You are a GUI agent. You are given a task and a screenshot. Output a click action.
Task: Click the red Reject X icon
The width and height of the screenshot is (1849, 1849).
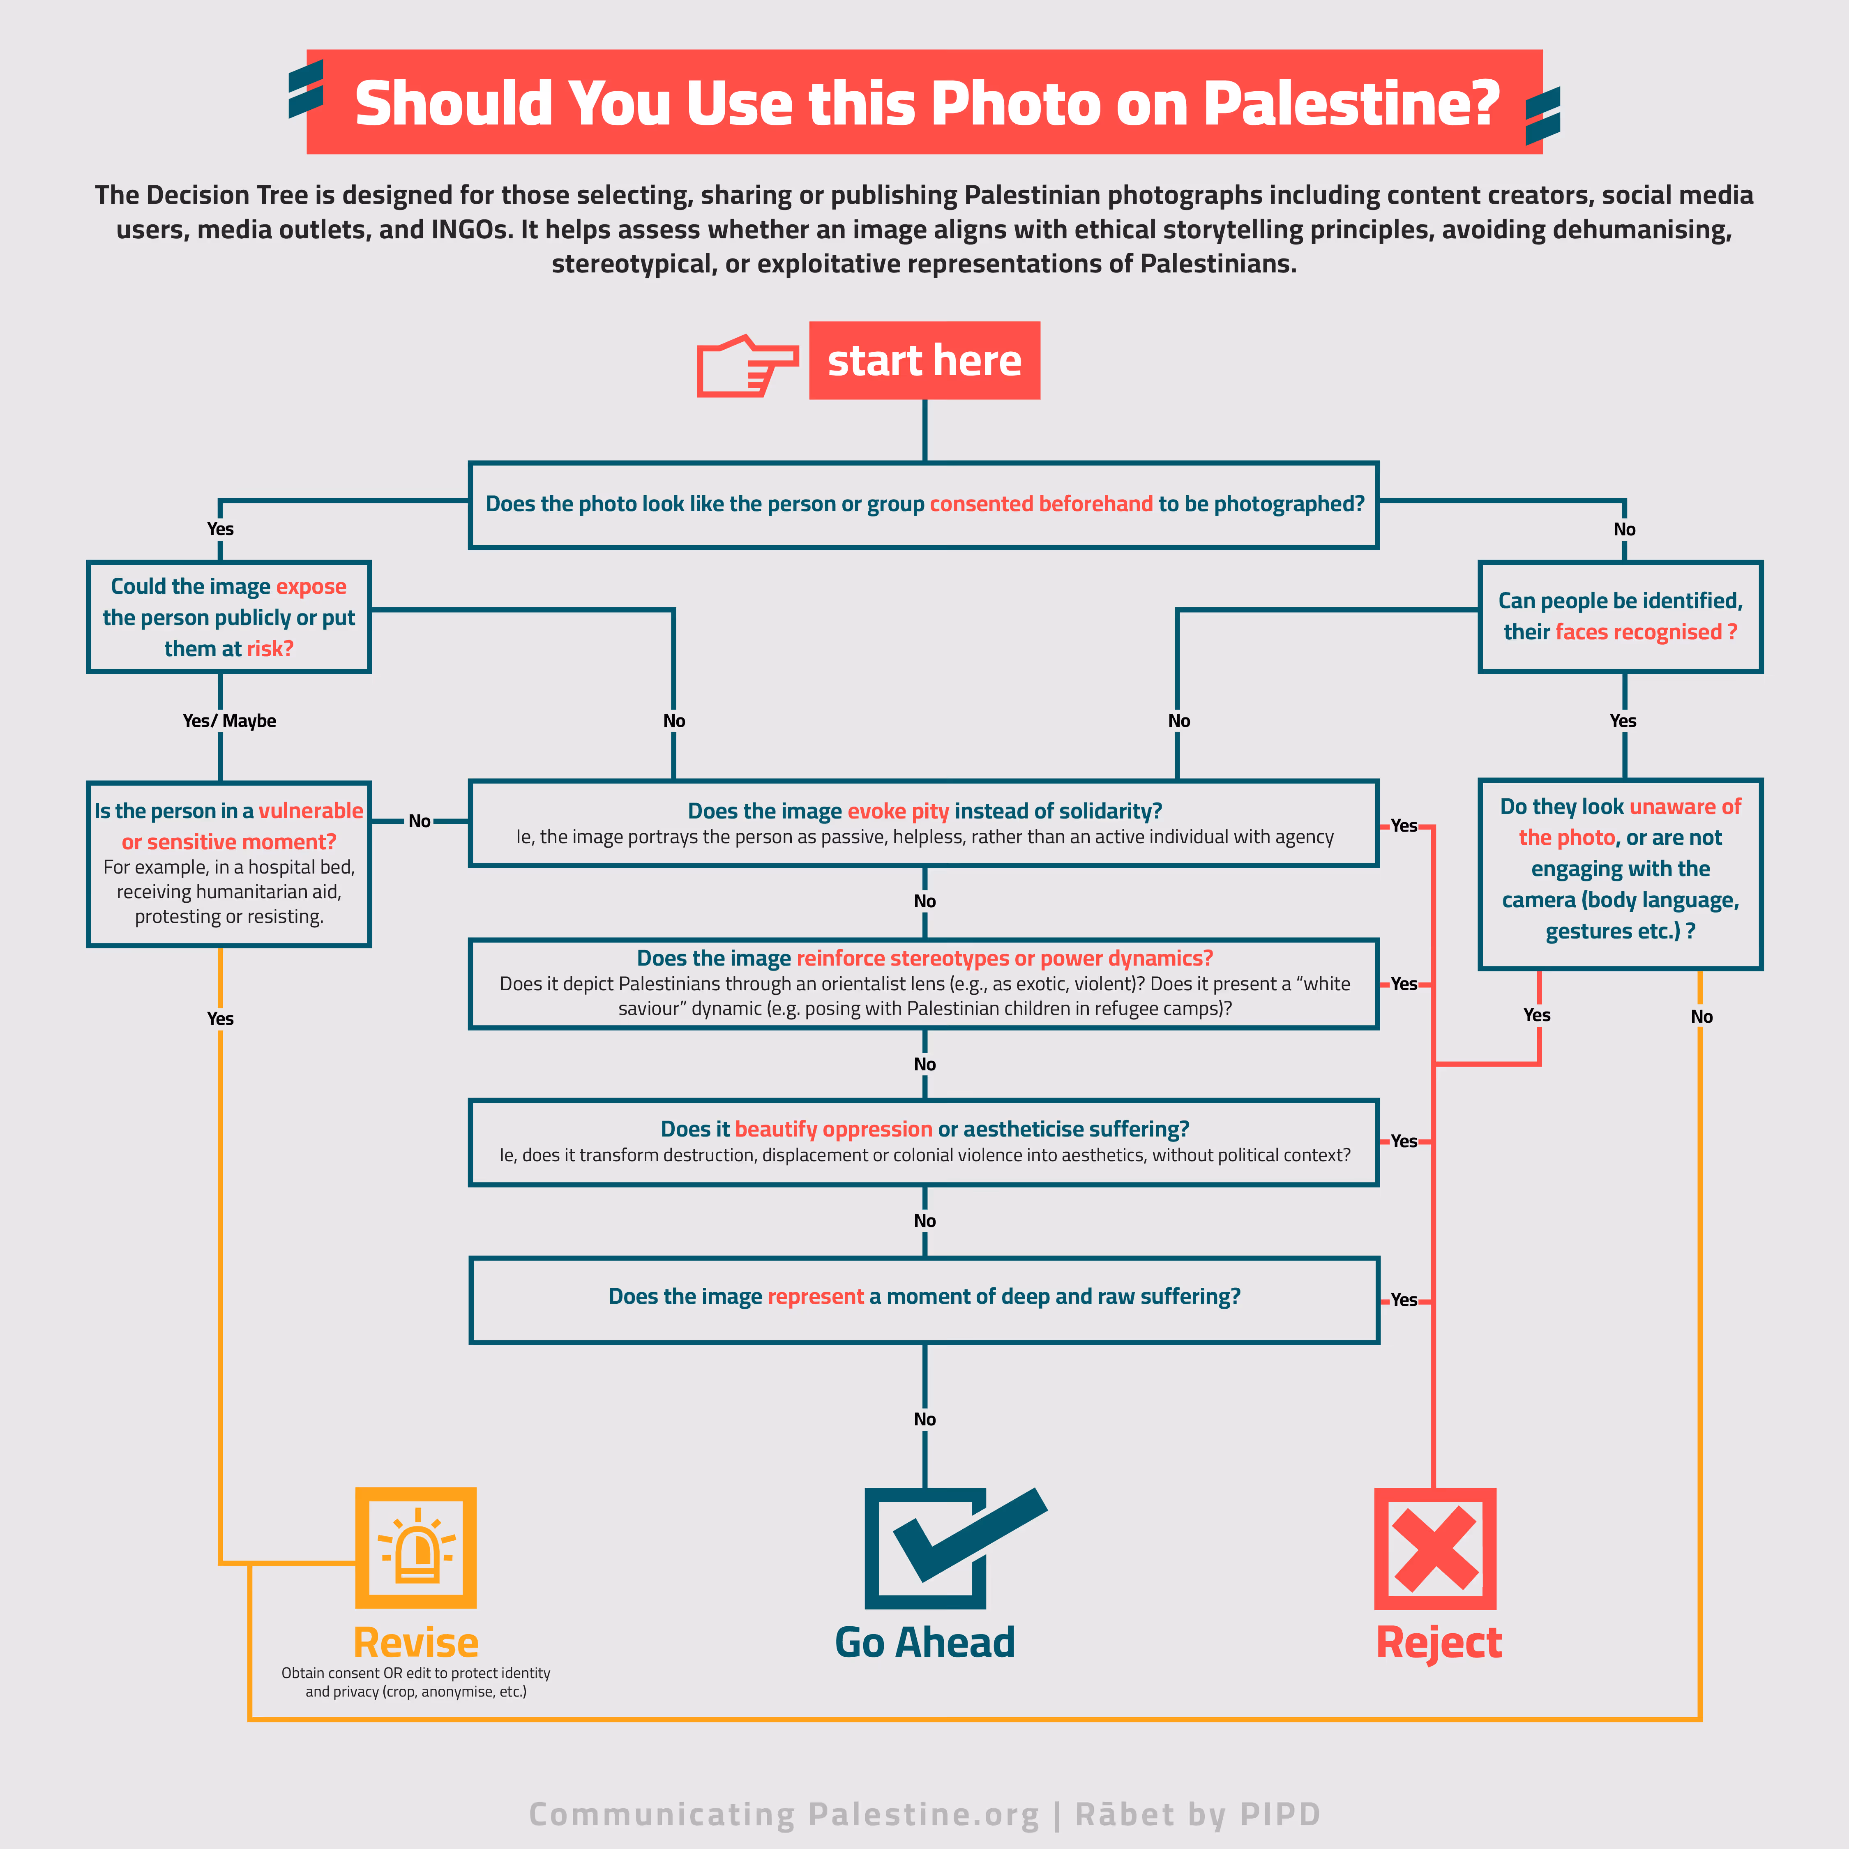[x=1434, y=1549]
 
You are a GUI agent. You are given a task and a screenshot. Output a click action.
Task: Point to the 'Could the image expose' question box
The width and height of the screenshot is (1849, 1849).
[x=229, y=617]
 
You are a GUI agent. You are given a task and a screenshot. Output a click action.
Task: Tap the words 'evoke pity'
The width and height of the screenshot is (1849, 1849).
[x=898, y=812]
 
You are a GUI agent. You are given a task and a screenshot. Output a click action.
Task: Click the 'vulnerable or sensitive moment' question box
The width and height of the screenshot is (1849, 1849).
[x=229, y=863]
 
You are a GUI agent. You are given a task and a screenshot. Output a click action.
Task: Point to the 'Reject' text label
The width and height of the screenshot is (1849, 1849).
[x=1439, y=1642]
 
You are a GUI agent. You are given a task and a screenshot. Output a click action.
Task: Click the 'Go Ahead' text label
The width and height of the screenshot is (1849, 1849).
[x=925, y=1642]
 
